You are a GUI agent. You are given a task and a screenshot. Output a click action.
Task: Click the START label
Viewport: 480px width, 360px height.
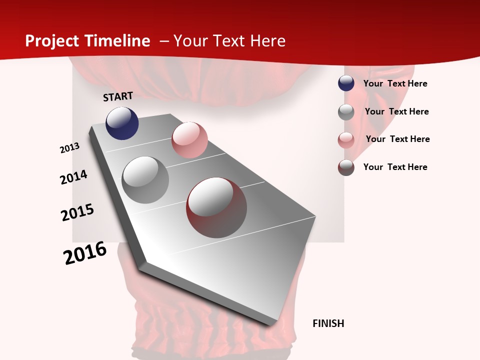[x=118, y=96]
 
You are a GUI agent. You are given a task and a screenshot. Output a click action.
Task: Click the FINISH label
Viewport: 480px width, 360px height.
[x=328, y=323]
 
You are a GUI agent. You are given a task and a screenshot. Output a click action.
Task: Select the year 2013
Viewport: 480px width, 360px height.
[x=69, y=148]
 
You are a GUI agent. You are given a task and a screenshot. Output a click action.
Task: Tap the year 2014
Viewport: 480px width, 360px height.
[x=73, y=177]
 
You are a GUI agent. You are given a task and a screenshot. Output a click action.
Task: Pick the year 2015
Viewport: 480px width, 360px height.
[x=77, y=212]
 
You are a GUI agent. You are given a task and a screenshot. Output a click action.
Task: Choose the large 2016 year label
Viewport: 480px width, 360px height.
[x=85, y=253]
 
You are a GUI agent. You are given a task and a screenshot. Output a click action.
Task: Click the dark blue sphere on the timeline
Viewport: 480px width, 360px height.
[x=122, y=123]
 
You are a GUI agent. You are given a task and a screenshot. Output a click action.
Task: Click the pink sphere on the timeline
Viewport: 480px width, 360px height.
[x=189, y=140]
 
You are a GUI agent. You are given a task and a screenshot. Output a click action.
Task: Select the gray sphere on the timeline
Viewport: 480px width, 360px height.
[x=145, y=180]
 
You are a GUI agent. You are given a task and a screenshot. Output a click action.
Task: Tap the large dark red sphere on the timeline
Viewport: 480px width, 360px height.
[x=216, y=207]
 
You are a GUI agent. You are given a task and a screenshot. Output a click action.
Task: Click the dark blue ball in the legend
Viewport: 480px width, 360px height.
[x=346, y=83]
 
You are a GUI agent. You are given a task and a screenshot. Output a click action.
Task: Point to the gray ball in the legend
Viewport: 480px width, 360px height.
[x=346, y=112]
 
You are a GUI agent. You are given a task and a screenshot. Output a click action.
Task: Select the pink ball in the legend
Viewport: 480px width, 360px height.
[x=346, y=140]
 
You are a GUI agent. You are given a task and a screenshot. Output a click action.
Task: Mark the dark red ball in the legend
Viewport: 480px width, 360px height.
[x=346, y=167]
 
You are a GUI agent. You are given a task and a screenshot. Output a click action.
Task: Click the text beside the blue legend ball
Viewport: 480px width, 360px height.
[x=395, y=83]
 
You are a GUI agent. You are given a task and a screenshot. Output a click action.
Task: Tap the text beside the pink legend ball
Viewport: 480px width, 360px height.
[x=397, y=139]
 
